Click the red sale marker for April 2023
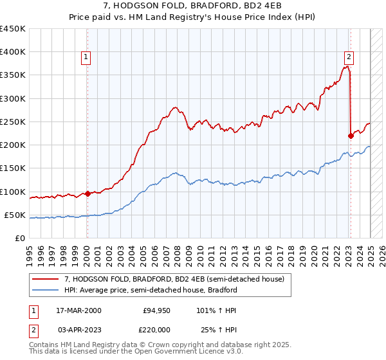click(x=351, y=136)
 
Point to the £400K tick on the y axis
click(x=14, y=52)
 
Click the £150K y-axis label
click(x=14, y=168)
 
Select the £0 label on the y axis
click(x=20, y=239)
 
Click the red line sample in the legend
click(x=47, y=280)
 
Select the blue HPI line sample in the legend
click(x=47, y=290)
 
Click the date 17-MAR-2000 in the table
click(x=78, y=311)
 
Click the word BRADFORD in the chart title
click(x=164, y=6)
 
